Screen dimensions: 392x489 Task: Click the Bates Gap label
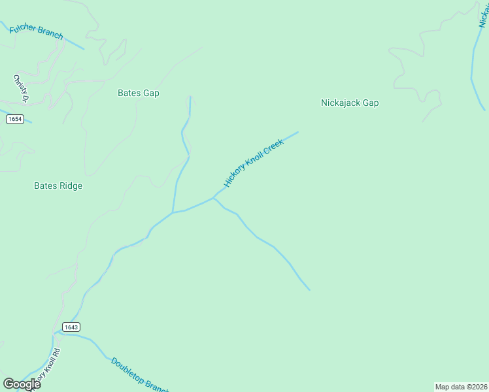tap(139, 93)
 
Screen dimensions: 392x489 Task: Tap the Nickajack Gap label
tap(350, 103)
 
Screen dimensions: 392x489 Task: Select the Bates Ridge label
tap(58, 186)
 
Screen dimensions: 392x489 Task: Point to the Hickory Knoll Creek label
tap(254, 163)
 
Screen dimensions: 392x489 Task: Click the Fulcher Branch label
tap(37, 30)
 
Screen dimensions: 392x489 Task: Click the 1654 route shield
tap(14, 119)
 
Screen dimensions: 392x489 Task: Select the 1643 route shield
tap(71, 326)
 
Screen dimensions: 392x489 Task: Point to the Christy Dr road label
tap(20, 88)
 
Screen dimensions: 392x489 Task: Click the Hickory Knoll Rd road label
tap(47, 366)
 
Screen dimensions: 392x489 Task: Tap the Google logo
tap(22, 384)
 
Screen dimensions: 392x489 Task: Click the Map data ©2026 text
tap(461, 387)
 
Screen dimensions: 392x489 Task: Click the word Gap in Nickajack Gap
tap(371, 103)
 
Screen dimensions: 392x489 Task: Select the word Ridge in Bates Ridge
tap(70, 186)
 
